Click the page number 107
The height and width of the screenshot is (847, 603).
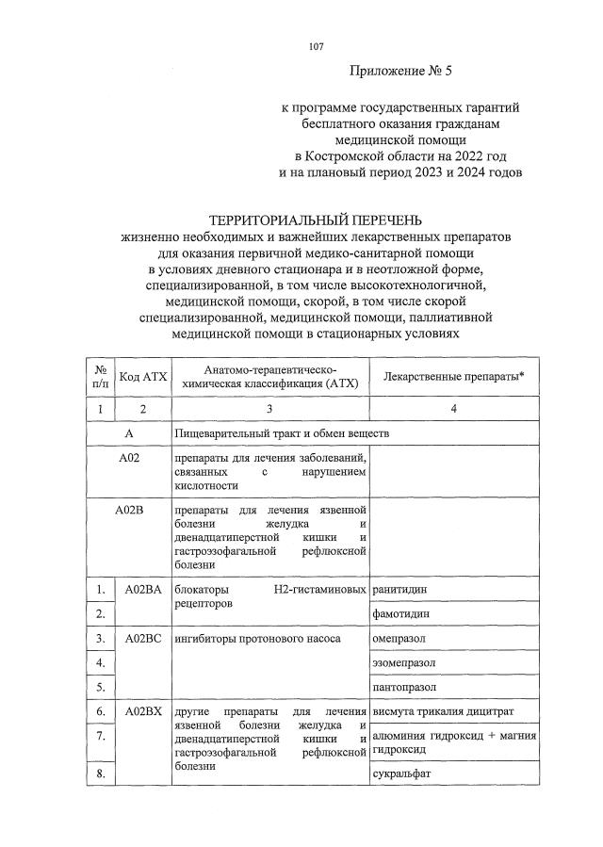tap(316, 46)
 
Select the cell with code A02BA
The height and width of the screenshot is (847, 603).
tap(142, 589)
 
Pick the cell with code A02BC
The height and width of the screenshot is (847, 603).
tap(142, 638)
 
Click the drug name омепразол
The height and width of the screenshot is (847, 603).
tap(400, 638)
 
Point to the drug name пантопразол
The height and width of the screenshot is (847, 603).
tap(405, 687)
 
